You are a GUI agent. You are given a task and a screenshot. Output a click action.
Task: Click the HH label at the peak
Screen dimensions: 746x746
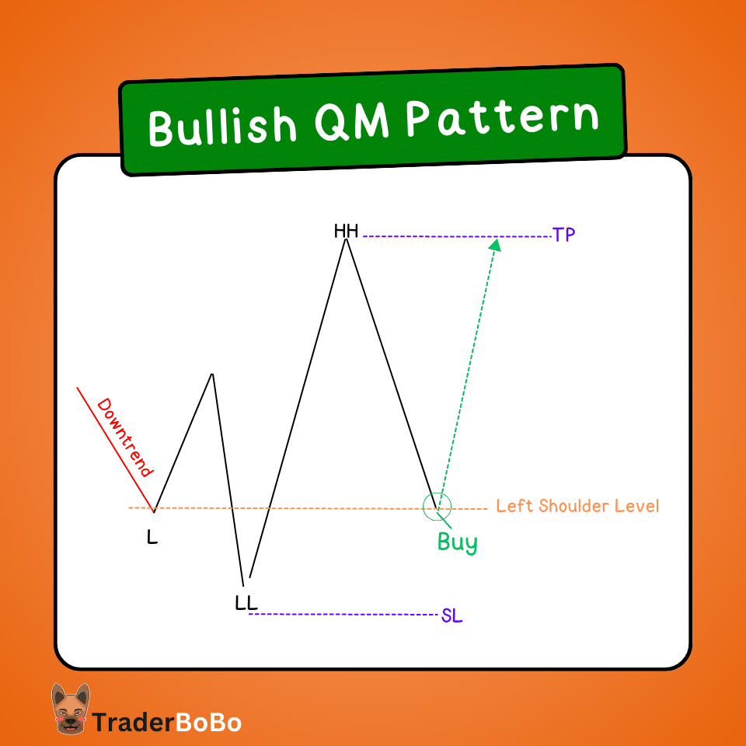346,231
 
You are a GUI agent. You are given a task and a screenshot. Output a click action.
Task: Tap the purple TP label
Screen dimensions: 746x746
564,235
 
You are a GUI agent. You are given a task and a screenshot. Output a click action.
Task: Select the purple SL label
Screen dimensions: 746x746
451,615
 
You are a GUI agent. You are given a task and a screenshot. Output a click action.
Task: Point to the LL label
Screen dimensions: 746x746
246,602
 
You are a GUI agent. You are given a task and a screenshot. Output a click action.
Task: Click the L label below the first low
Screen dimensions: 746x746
152,536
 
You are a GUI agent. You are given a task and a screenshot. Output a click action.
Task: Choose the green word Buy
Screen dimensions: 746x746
457,542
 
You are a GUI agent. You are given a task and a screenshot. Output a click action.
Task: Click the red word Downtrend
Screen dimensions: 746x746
124,437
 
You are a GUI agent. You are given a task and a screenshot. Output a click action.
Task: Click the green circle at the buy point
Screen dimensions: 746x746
437,506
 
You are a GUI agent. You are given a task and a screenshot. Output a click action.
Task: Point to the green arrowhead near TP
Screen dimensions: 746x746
495,245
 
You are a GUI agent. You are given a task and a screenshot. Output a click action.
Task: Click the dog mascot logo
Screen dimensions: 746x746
70,709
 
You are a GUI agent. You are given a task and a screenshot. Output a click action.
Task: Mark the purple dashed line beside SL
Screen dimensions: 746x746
342,615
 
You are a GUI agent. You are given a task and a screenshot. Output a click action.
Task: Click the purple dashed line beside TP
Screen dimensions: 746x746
455,235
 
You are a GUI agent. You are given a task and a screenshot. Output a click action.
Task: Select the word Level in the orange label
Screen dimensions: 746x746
638,506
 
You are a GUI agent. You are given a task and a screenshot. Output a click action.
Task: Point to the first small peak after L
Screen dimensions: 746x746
211,375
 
